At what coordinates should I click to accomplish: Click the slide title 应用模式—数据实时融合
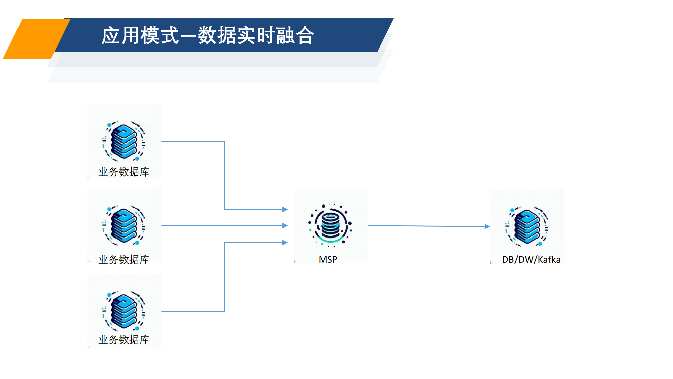tap(208, 35)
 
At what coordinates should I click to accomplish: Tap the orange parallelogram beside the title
tap(35, 39)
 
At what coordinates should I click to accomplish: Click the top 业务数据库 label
tap(124, 172)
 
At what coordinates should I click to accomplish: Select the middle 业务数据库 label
tap(124, 260)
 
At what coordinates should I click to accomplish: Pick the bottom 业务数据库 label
tap(124, 340)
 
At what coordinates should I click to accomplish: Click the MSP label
tap(328, 260)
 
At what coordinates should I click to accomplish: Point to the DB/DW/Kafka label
tap(531, 260)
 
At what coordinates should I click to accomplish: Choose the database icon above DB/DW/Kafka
tap(527, 226)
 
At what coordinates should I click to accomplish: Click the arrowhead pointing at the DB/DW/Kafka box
tap(487, 227)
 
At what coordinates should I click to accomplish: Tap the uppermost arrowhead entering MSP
tap(285, 209)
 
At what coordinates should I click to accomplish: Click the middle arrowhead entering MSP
tap(285, 225)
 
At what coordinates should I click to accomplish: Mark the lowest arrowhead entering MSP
tap(285, 243)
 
